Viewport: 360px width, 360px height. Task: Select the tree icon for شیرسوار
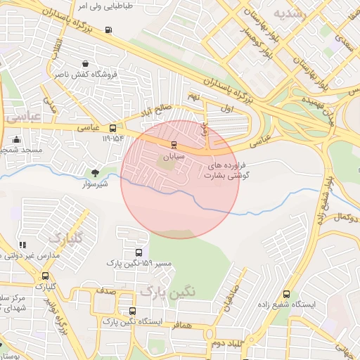pos(96,172)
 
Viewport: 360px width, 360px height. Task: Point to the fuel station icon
pos(108,30)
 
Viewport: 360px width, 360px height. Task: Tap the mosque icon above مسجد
pos(16,139)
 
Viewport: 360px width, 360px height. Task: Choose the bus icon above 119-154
pos(113,127)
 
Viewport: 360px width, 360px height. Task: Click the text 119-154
pos(113,139)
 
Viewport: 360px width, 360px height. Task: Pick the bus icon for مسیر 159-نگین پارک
pos(138,252)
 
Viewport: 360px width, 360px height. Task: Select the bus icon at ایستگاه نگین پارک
pos(132,311)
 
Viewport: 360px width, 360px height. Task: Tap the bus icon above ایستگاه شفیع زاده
pos(286,294)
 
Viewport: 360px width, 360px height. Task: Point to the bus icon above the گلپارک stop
pos(46,276)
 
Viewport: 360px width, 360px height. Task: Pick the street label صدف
pos(106,290)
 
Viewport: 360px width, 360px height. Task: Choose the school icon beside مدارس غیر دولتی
pos(22,245)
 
